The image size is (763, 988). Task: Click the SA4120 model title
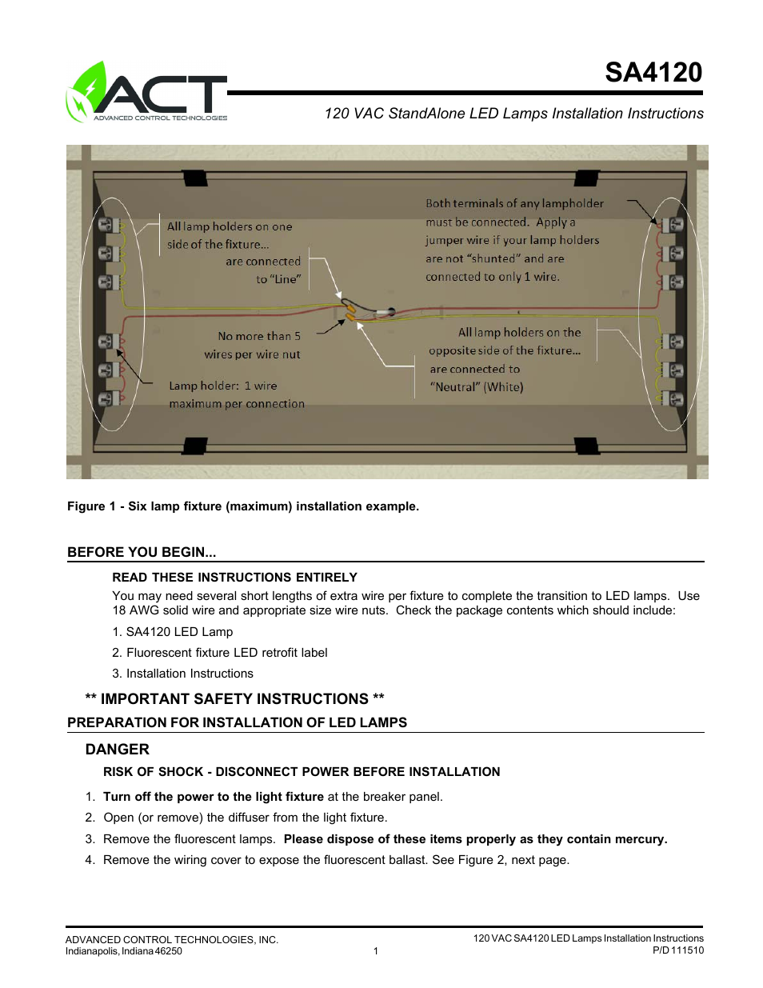653,73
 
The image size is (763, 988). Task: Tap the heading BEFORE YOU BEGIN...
142,552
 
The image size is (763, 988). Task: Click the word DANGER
117,750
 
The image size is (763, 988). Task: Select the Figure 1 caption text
242,506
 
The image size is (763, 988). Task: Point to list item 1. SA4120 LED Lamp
173,632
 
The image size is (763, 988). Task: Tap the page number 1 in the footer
375,951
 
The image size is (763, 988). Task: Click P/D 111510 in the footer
677,950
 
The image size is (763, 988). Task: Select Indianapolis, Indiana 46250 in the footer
123,951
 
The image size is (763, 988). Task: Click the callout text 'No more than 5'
259,336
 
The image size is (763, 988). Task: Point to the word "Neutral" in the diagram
455,387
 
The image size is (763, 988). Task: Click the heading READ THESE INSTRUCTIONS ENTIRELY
234,578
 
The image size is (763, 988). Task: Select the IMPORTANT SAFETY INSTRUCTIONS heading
234,699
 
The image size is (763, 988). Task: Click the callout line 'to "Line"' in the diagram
278,279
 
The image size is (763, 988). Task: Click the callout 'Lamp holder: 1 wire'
222,386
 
